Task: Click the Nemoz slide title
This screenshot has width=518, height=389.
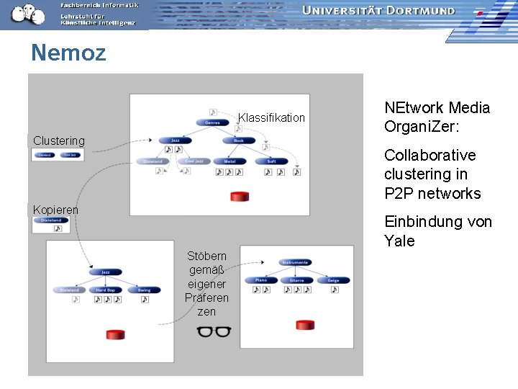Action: (68, 53)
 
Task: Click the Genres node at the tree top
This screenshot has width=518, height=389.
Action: (213, 122)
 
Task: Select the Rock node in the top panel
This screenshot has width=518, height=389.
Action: (239, 140)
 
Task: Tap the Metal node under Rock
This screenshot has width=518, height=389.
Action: (230, 161)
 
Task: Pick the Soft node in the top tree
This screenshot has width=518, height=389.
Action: (271, 161)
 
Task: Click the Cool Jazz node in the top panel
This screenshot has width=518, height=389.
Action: (194, 161)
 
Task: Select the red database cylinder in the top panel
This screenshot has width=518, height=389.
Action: (239, 197)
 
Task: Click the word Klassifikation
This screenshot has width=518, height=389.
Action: (271, 117)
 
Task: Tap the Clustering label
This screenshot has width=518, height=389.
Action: (58, 140)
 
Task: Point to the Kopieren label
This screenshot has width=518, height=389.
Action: (55, 210)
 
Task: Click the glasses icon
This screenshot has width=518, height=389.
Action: (214, 331)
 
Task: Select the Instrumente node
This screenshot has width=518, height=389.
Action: (296, 262)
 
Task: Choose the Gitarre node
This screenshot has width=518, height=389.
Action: (297, 280)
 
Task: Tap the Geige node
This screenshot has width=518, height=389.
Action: (333, 280)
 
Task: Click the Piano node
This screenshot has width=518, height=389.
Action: (260, 280)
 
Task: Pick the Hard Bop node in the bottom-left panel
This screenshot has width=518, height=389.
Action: (106, 290)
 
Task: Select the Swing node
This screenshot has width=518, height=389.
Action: (145, 290)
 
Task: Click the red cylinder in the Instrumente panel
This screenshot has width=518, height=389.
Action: (305, 325)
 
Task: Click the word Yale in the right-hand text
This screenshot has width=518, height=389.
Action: (399, 241)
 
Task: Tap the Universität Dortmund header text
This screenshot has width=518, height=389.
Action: (378, 11)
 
